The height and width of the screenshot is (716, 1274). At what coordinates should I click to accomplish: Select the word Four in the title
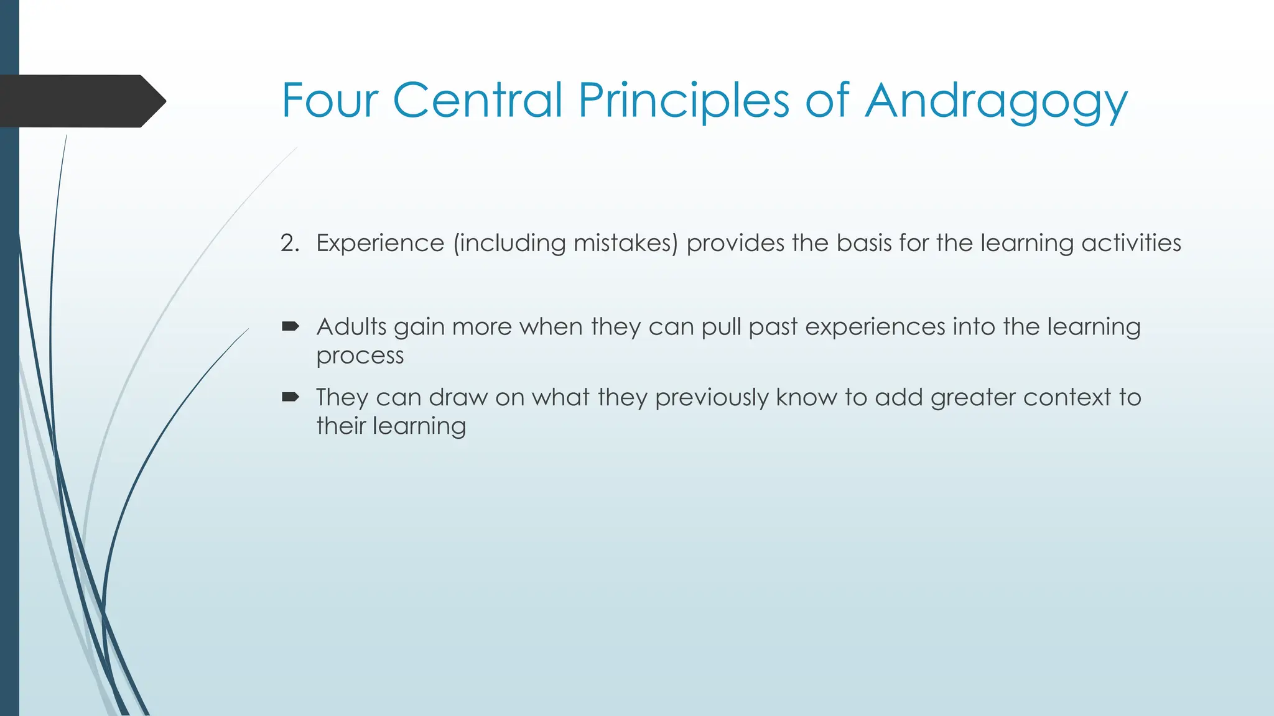[330, 100]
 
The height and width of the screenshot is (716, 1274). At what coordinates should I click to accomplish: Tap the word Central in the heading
[478, 100]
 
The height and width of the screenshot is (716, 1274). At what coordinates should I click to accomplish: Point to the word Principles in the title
[684, 101]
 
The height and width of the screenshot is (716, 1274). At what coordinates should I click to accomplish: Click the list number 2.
[289, 243]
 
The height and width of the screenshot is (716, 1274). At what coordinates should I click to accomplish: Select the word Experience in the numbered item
[380, 243]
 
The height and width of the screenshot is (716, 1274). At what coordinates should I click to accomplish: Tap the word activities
[1131, 243]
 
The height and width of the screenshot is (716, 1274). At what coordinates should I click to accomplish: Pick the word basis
[863, 243]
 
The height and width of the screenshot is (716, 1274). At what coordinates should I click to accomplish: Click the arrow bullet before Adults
[291, 326]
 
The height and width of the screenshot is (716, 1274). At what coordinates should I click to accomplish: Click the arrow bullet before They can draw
[291, 397]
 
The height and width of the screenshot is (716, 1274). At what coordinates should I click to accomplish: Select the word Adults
[351, 327]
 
